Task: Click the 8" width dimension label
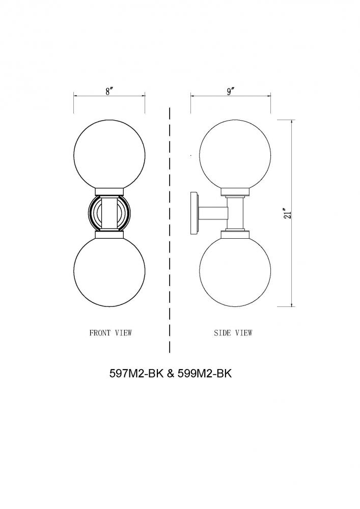click(109, 91)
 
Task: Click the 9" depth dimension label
click(231, 91)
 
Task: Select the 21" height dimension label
click(288, 213)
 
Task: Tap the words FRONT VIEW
click(110, 333)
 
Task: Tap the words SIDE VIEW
click(233, 333)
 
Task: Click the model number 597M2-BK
click(136, 374)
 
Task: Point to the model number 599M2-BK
click(204, 374)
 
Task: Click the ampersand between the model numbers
click(171, 374)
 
